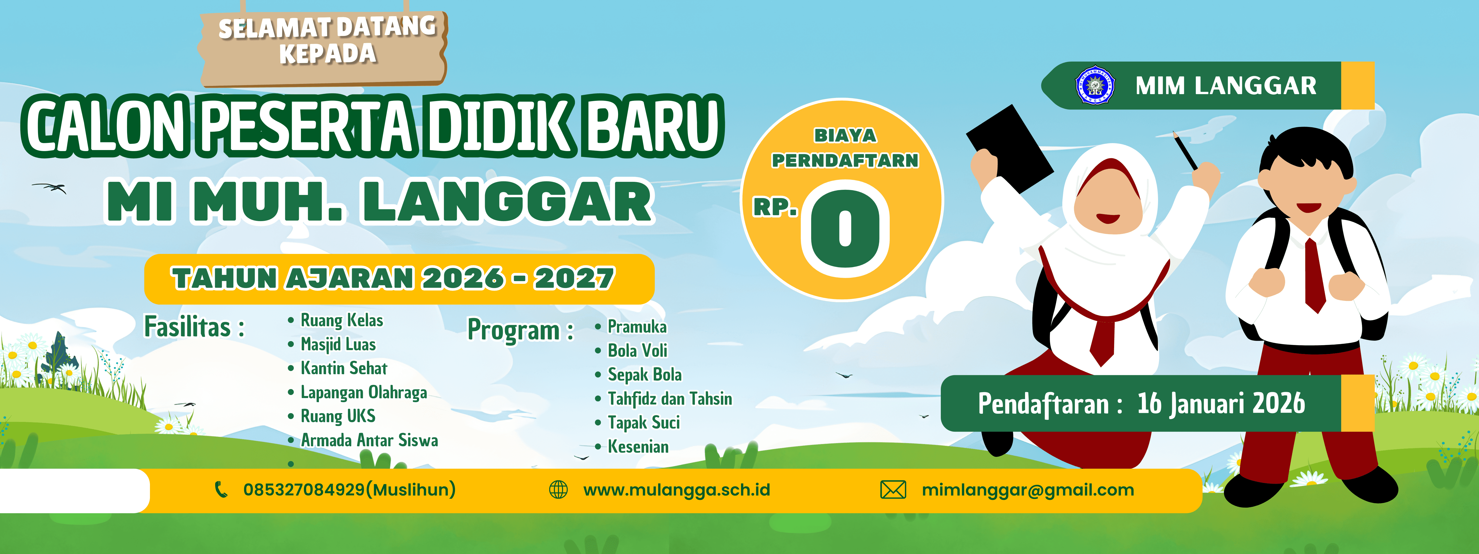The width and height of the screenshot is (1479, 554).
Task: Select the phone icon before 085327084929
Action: (221, 490)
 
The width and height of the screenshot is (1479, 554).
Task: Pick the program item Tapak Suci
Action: (644, 423)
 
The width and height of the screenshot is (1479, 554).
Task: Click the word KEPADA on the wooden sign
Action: (328, 54)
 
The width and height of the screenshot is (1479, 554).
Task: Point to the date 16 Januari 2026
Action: (1221, 403)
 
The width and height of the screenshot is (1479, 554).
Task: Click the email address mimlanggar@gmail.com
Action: (1028, 490)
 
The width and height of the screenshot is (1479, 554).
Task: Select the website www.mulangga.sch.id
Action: (676, 490)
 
